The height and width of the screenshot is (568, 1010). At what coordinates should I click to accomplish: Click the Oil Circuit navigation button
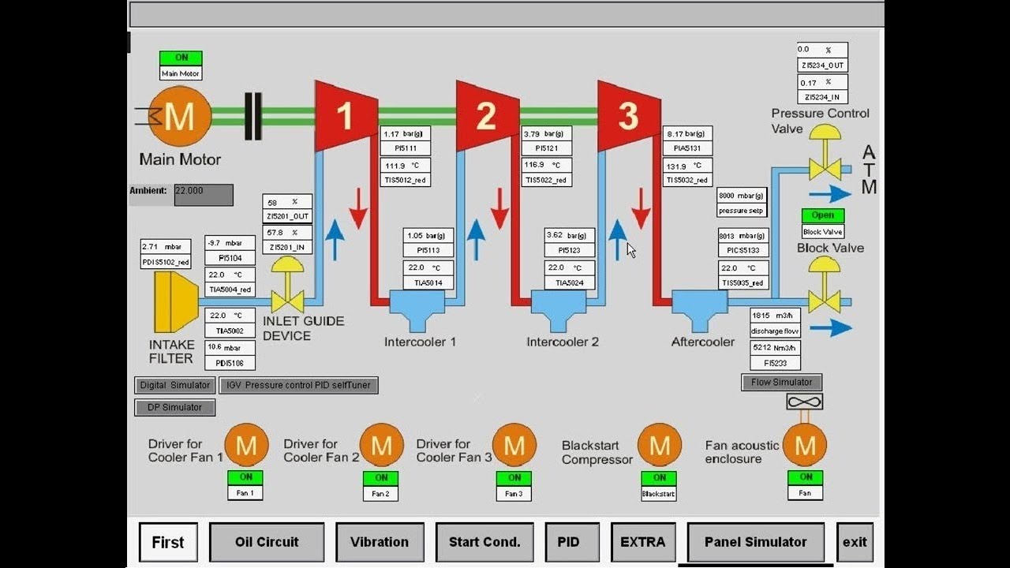coord(267,542)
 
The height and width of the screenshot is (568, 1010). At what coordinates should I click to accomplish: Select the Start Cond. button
coord(484,542)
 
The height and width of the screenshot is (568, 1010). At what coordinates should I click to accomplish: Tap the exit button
coord(855,542)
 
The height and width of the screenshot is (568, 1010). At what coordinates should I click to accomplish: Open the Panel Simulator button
coord(755,542)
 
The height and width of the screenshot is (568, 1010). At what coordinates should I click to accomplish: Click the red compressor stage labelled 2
coord(487,115)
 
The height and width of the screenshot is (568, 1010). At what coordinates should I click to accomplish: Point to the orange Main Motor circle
coord(180,117)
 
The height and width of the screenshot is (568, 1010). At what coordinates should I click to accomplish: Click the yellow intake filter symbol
coord(175,302)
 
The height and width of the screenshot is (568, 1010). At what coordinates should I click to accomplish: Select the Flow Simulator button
coord(781,383)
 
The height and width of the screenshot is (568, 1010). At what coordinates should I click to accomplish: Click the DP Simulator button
coord(174,407)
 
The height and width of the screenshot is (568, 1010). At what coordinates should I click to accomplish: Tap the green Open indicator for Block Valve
coord(823,215)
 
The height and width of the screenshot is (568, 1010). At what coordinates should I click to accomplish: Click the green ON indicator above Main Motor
coord(181,58)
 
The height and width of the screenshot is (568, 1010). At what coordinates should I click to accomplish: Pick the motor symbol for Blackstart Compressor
coord(659,446)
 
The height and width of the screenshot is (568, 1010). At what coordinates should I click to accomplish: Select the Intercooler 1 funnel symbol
coord(418,310)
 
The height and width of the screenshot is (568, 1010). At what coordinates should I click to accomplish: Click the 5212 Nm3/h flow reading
coord(776,347)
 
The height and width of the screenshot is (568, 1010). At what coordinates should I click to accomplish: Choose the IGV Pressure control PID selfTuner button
coord(298,385)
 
